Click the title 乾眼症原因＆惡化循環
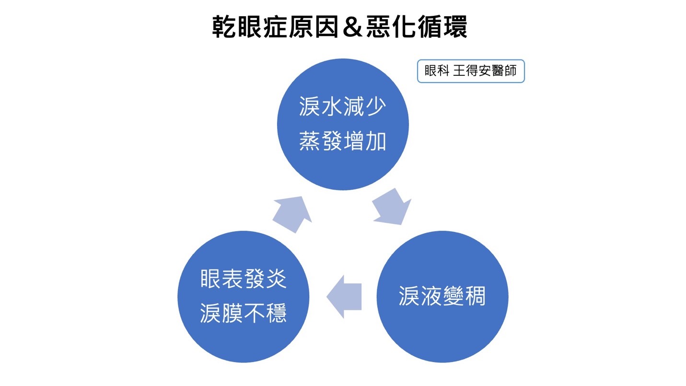click(339, 28)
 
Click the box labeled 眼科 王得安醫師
click(471, 71)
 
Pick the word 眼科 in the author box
click(437, 71)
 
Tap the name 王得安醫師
click(485, 71)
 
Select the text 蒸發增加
click(343, 141)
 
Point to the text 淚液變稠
click(442, 297)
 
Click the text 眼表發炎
click(244, 279)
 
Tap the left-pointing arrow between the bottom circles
click(344, 296)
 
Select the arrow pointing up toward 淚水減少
click(292, 213)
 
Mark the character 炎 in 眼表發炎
click(276, 279)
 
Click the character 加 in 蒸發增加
click(375, 141)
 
